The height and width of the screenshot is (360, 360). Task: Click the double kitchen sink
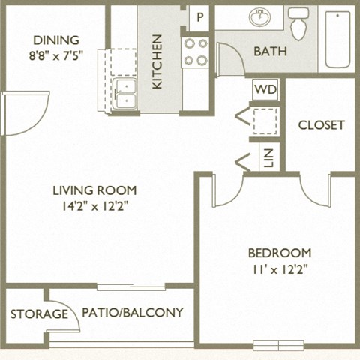(124, 92)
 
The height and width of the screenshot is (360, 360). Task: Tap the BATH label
(268, 52)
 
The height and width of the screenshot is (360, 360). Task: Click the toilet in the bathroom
(298, 22)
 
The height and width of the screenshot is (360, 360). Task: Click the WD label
(264, 90)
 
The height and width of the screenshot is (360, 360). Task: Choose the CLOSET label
(321, 125)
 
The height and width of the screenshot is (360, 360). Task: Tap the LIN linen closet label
(268, 157)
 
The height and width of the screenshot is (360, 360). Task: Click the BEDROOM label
(280, 253)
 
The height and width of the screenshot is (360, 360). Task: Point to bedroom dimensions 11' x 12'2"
(280, 268)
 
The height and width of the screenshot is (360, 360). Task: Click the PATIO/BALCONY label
(132, 312)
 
